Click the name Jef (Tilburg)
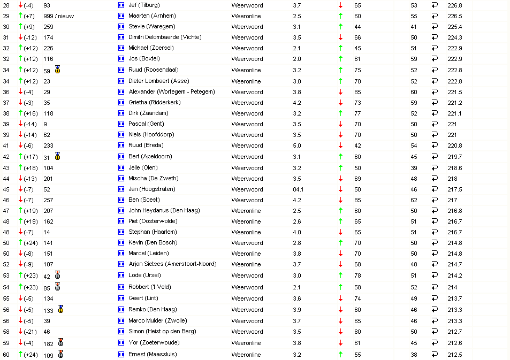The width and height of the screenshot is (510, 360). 144,5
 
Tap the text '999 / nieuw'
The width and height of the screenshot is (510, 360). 58,16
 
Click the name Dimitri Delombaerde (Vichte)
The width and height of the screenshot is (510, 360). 165,37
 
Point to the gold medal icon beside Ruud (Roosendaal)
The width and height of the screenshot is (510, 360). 57,70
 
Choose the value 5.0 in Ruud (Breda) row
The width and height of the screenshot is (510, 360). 296,145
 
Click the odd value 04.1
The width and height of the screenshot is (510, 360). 298,189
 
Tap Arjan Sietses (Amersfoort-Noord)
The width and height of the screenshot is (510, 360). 172,264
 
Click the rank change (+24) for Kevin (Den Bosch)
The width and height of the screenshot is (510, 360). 29,243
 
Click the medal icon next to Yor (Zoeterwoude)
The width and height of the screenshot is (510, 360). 61,342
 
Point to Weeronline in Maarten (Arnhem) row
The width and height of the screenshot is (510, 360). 246,16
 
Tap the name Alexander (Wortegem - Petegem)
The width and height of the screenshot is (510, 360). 172,92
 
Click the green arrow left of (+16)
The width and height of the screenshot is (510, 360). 20,113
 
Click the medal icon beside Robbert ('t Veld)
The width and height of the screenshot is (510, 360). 57,287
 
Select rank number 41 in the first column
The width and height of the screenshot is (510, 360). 6,145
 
